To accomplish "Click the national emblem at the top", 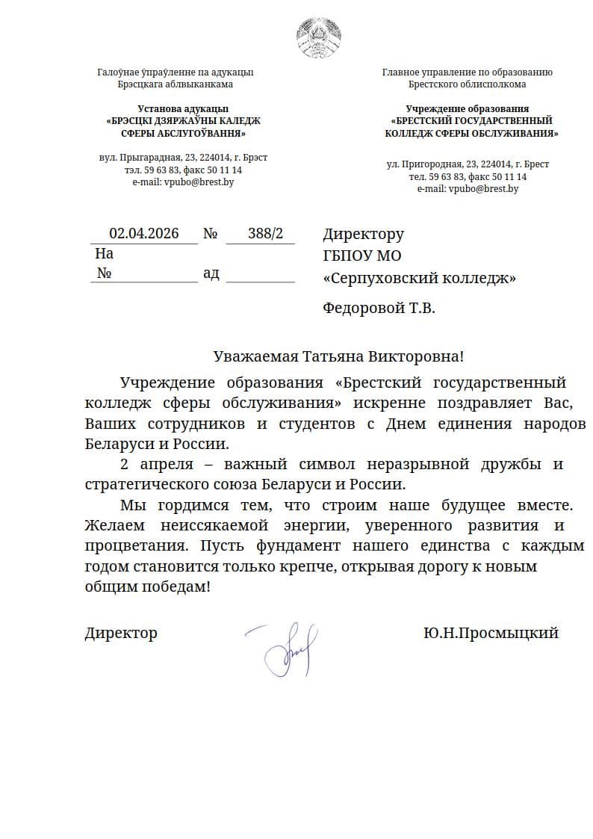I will click(320, 36).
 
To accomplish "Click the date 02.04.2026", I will click(144, 234).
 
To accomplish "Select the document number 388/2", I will click(265, 234).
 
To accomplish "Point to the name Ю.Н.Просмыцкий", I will click(491, 634).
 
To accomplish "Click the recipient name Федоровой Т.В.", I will click(379, 307).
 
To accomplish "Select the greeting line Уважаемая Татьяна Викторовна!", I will click(338, 356).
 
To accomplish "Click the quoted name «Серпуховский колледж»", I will click(419, 279).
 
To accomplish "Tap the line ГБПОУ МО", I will click(362, 256).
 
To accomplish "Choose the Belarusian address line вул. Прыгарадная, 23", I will click(183, 158).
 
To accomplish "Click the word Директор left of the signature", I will click(121, 634).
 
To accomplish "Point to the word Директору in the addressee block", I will click(363, 235).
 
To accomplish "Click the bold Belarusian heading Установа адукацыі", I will click(183, 108).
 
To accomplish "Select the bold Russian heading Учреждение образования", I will click(468, 108).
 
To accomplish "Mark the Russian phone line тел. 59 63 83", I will click(468, 176).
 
